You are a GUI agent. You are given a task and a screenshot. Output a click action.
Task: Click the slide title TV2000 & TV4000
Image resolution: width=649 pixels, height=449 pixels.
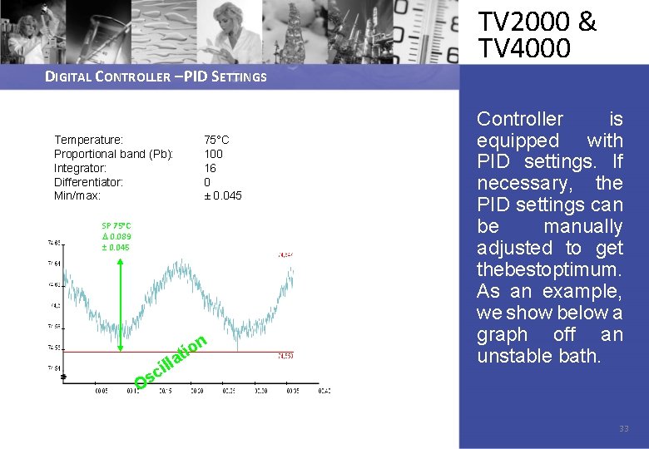(537, 35)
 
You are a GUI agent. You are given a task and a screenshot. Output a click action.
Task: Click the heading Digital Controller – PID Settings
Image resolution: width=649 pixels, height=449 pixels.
(156, 77)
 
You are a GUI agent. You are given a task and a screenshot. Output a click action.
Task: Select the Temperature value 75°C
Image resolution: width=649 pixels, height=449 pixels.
(216, 140)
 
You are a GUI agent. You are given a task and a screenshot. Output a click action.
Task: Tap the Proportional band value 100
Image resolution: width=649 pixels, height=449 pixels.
(214, 154)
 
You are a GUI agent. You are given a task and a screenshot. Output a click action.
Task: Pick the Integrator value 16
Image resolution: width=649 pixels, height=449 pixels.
(211, 168)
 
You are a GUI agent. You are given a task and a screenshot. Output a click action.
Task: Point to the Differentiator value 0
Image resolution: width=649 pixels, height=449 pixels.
(207, 182)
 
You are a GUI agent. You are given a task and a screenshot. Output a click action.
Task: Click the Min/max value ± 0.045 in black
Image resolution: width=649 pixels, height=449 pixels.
(223, 196)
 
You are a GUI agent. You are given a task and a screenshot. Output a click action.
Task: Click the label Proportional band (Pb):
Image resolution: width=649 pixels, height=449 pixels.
(113, 154)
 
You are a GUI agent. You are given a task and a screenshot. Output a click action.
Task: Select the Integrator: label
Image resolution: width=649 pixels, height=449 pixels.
(80, 168)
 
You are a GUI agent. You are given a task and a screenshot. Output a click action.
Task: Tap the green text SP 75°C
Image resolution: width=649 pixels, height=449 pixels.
(116, 225)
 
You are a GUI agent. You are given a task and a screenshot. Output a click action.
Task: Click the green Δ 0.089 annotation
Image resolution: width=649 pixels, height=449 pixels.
(116, 236)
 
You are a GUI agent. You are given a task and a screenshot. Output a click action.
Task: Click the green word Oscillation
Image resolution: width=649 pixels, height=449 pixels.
(171, 363)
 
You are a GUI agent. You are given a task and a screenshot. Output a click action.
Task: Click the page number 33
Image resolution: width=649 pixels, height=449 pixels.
(623, 429)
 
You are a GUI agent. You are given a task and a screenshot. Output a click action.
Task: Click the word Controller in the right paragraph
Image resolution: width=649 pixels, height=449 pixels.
(520, 119)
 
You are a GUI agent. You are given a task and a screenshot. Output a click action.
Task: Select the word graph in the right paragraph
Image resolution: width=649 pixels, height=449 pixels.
(502, 335)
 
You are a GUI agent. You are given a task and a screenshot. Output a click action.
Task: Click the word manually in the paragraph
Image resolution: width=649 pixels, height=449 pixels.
(582, 227)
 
